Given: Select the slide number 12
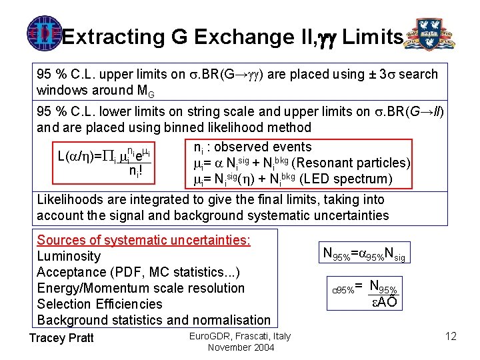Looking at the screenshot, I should pyautogui.click(x=450, y=337).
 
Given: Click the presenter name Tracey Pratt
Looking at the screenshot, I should pyautogui.click(x=61, y=338).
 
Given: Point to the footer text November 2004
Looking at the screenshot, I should pyautogui.click(x=239, y=347).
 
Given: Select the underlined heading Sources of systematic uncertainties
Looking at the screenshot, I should pyautogui.click(x=143, y=240).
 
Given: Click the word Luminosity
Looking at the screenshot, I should pyautogui.click(x=69, y=256).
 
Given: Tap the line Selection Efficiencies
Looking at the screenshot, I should pyautogui.click(x=99, y=304).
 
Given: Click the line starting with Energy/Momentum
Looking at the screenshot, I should pyautogui.click(x=141, y=288).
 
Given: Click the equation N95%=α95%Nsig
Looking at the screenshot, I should pyautogui.click(x=363, y=253).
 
